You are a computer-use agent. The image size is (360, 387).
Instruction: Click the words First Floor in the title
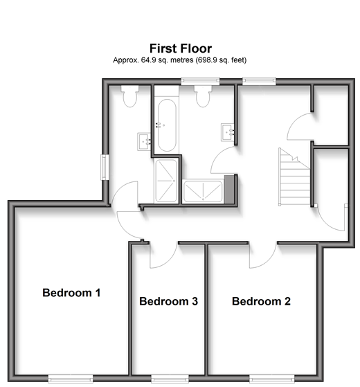181,48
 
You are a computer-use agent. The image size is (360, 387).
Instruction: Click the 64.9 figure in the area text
148,60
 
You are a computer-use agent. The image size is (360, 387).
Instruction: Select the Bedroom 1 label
71,293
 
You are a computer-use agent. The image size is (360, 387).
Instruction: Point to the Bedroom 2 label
261,301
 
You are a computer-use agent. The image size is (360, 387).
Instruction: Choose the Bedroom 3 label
168,301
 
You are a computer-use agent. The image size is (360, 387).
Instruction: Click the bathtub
167,125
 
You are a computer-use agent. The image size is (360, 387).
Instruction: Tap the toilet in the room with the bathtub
203,96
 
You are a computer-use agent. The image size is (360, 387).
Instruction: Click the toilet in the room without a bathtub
129,96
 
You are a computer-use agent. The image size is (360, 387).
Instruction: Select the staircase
294,177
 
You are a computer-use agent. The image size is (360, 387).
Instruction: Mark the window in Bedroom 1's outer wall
71,379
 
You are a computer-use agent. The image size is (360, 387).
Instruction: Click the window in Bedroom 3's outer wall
170,379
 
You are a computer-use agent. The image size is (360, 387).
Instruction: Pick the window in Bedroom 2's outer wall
271,379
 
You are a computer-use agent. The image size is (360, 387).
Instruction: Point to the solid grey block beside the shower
229,189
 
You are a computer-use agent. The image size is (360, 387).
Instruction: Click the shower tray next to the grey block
203,192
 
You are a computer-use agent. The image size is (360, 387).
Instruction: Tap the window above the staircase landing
259,81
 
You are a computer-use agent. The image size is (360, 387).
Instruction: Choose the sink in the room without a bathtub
144,142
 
